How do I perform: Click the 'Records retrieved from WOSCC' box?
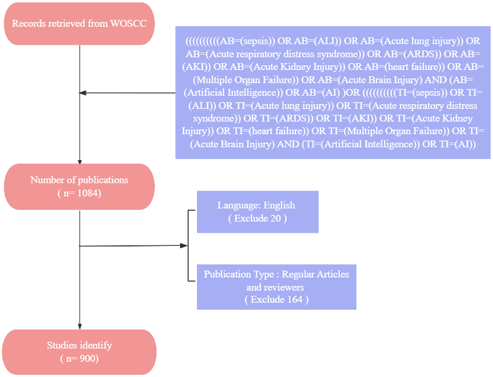[79, 24]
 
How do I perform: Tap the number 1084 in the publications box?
[89, 193]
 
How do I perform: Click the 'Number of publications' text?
[79, 180]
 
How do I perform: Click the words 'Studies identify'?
[79, 345]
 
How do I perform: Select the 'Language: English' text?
[256, 205]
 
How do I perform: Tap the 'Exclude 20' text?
[257, 218]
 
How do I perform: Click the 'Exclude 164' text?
[277, 299]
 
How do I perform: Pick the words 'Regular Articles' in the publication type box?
[315, 274]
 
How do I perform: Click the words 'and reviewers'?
[275, 287]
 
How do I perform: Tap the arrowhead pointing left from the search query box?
[83, 93]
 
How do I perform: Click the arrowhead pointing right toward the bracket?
[184, 246]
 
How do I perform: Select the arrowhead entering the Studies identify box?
[80, 327]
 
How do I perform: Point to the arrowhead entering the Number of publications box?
[80, 162]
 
